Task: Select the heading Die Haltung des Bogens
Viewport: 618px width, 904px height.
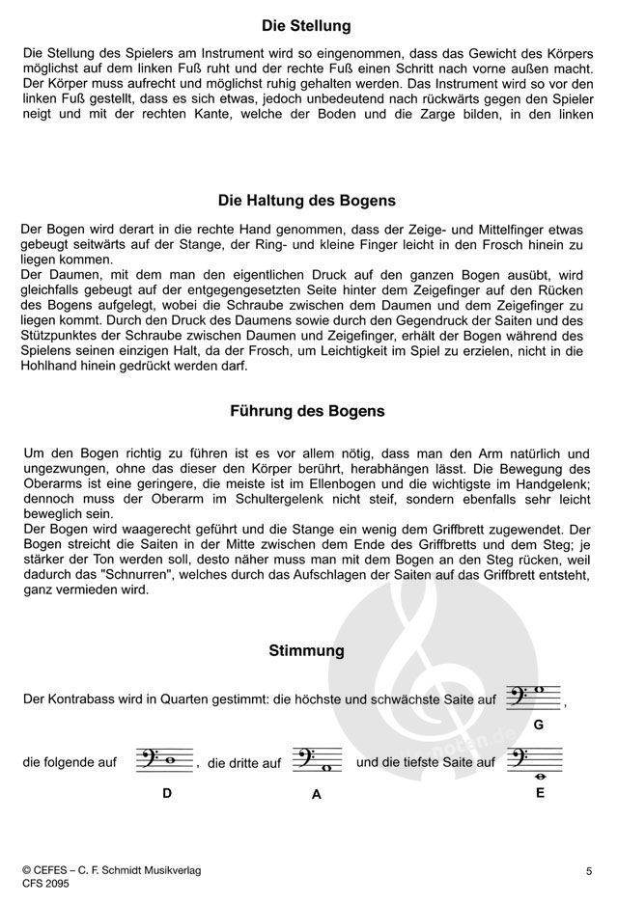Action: [306, 202]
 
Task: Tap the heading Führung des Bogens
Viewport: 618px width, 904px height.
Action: [306, 411]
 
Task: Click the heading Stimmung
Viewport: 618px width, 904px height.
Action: [306, 651]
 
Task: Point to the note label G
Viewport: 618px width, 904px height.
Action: [539, 724]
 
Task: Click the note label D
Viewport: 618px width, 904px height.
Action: [167, 793]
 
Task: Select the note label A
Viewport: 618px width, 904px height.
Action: [315, 797]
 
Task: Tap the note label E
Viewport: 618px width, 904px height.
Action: [540, 792]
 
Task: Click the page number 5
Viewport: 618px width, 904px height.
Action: [588, 872]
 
